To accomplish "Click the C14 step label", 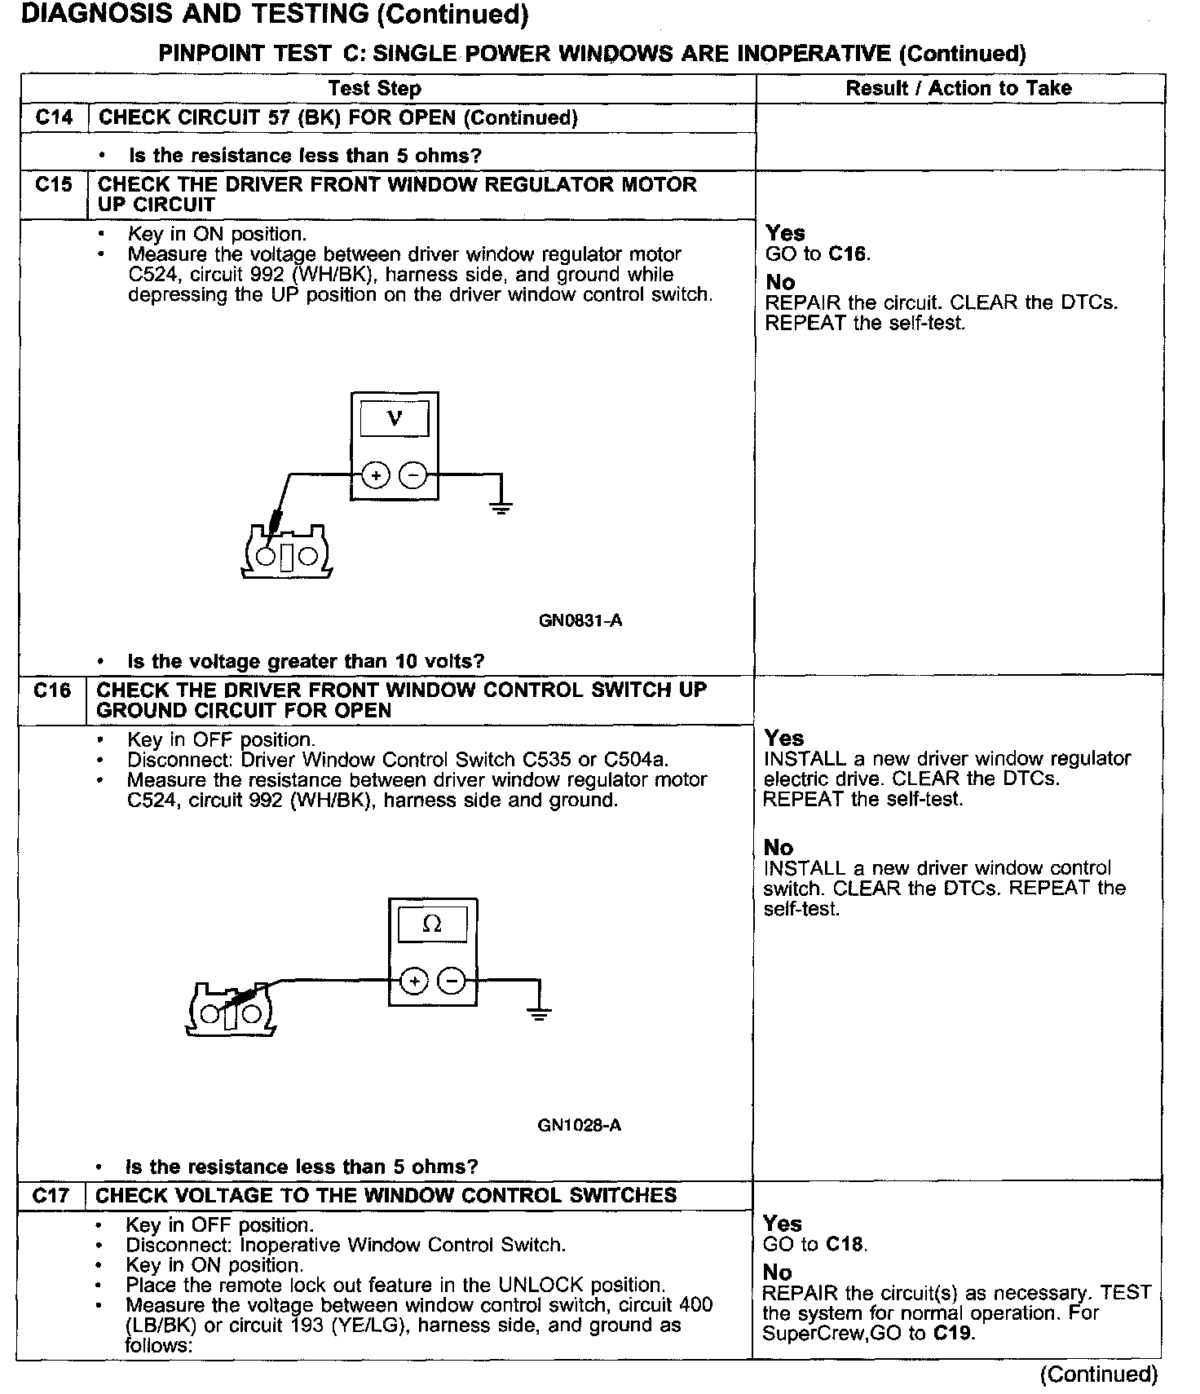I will tap(54, 117).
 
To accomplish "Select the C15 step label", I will tap(54, 184).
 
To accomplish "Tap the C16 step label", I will tap(52, 690).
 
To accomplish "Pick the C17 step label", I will tap(52, 1196).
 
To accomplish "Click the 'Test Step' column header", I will tap(374, 89).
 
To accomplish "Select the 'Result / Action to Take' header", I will tap(958, 88).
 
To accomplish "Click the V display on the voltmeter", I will tap(395, 420).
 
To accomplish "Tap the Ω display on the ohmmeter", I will tap(432, 924).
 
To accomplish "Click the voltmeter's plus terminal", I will tap(375, 474).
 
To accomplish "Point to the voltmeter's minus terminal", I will tap(414, 474).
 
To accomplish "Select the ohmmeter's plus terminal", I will tap(414, 981).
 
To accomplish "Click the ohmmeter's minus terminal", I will tap(452, 981).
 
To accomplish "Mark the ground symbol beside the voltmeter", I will tap(501, 507).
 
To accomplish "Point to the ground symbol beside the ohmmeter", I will tap(539, 1013).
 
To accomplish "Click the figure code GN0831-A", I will tap(580, 620).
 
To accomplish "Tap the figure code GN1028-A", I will tap(580, 1126).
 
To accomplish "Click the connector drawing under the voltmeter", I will tap(286, 554).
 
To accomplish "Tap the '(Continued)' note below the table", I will tap(1098, 1374).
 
